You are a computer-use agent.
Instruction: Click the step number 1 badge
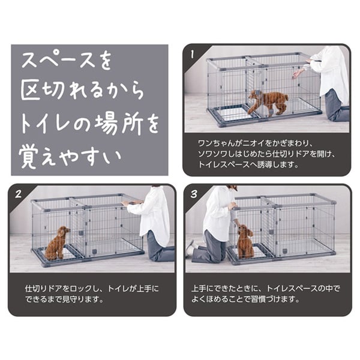(x=192, y=55)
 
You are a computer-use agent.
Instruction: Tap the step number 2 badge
(x=18, y=194)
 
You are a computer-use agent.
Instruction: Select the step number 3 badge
(x=194, y=194)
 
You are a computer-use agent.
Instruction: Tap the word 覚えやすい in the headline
(x=70, y=157)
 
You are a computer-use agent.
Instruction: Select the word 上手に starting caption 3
(x=202, y=289)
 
